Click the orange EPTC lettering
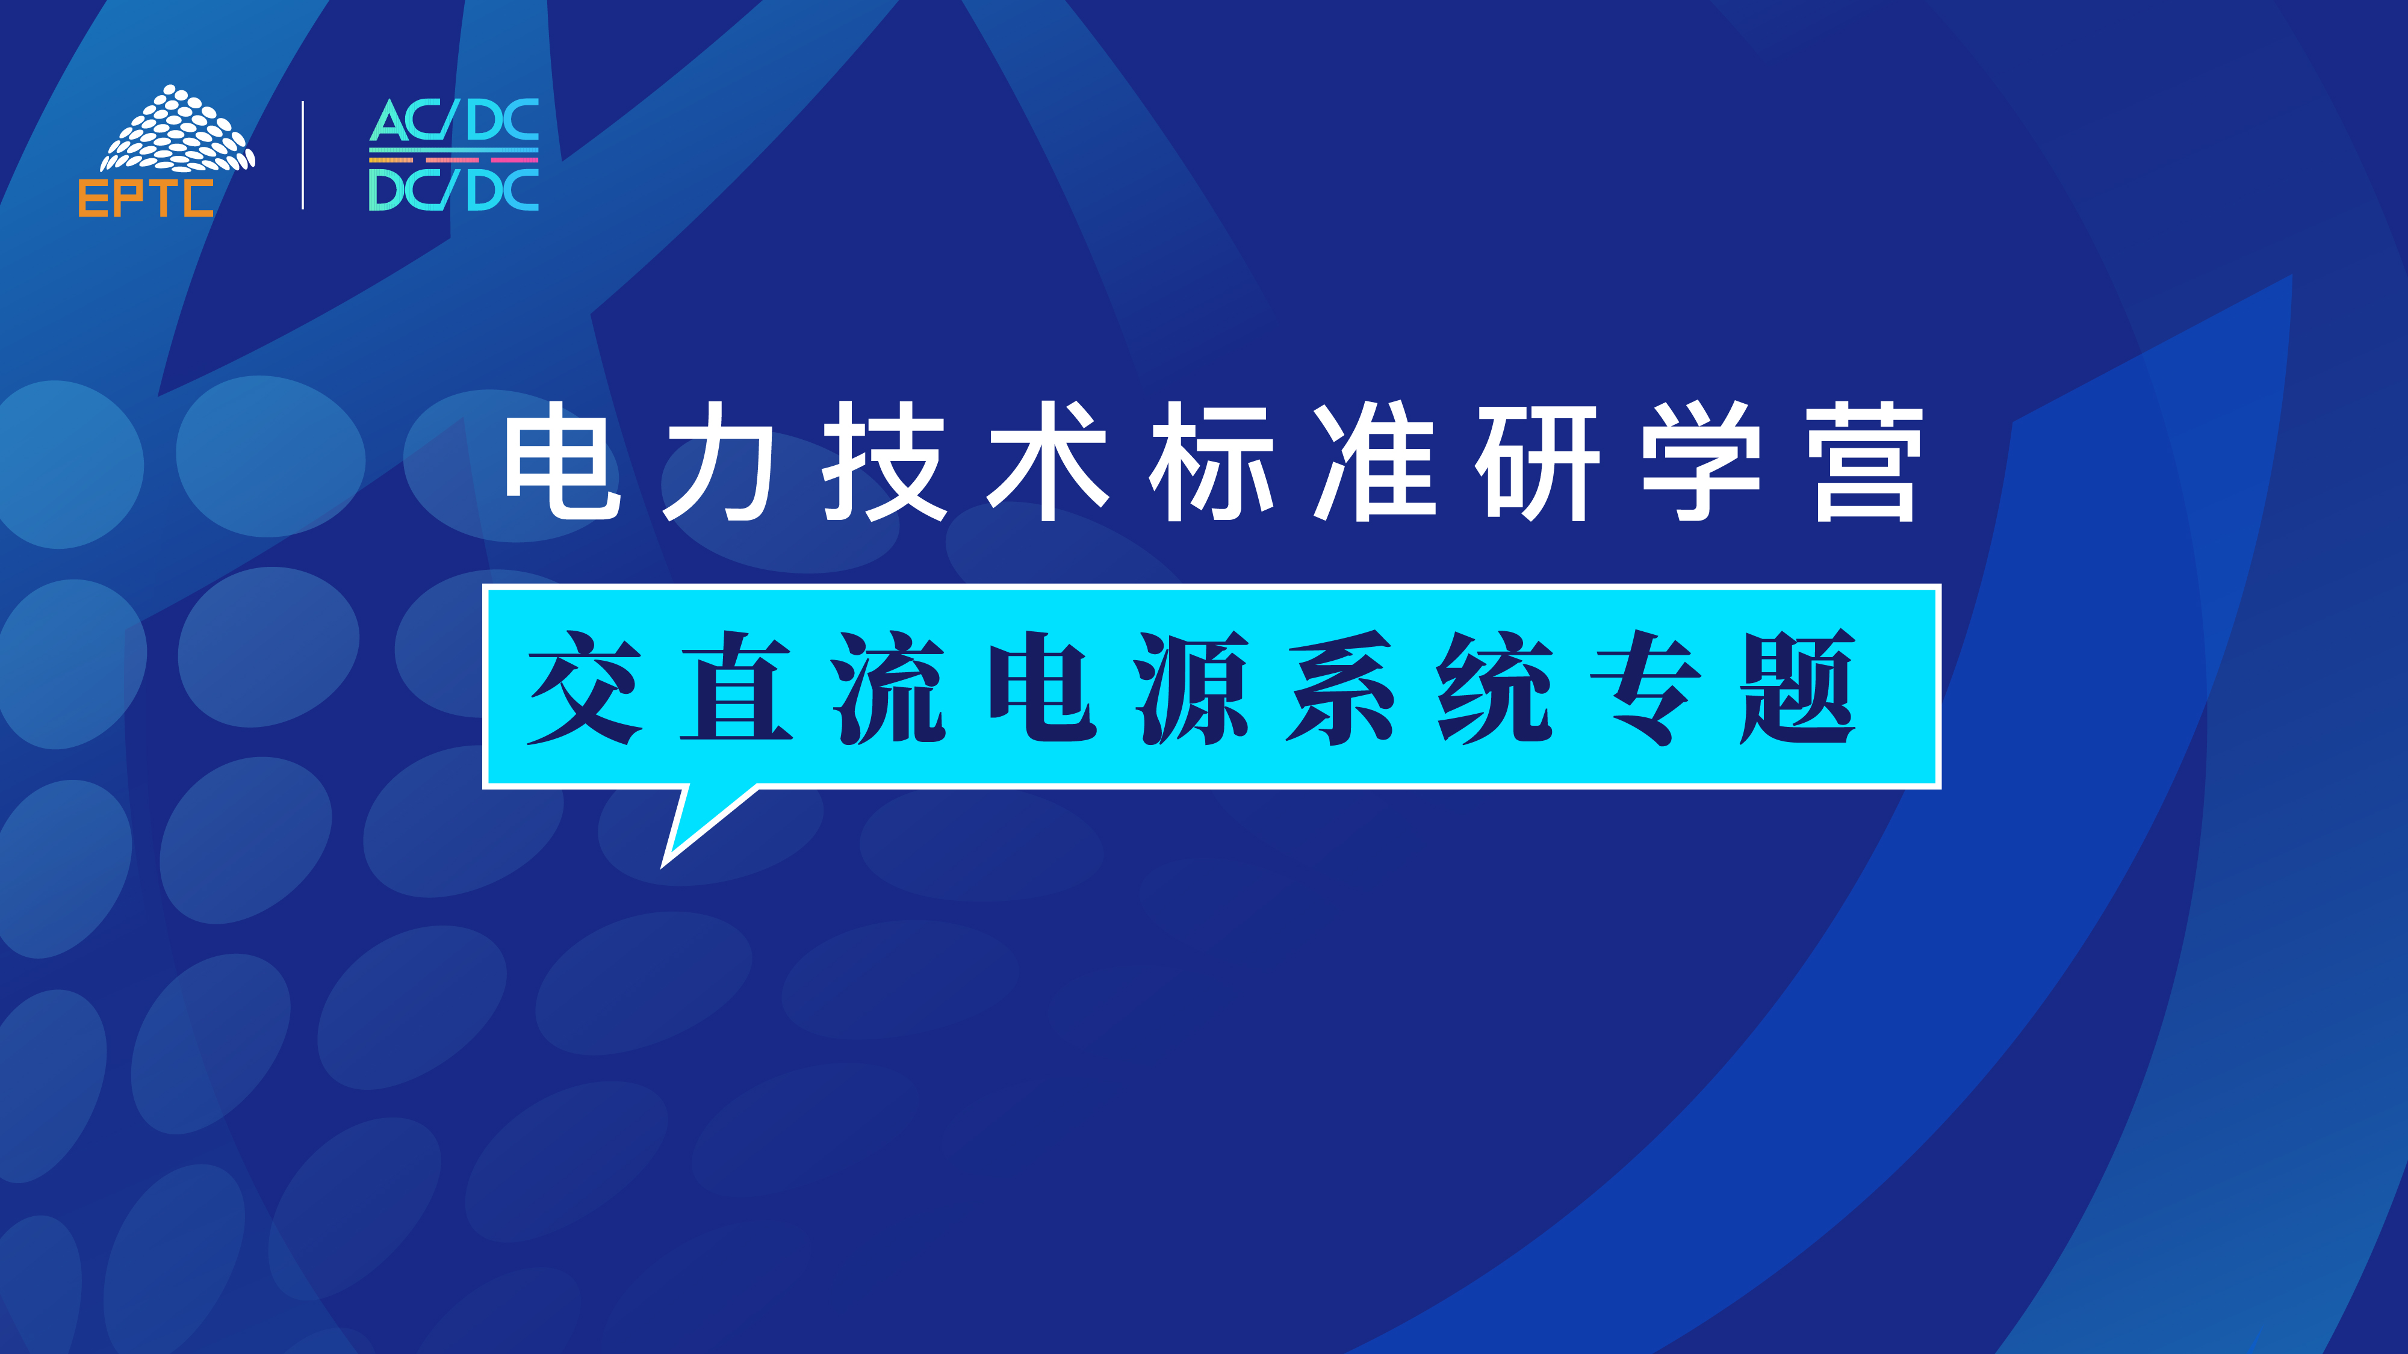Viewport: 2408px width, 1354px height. coord(146,198)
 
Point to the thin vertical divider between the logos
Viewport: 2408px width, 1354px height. coord(303,155)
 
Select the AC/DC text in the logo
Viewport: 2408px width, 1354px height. coord(455,120)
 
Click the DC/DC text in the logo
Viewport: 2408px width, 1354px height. coord(455,190)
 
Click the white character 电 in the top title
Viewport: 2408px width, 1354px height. coord(563,461)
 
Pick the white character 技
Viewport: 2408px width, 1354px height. coord(885,461)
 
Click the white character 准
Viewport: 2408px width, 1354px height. coord(1375,461)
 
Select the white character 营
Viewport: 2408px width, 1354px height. coord(1866,461)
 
